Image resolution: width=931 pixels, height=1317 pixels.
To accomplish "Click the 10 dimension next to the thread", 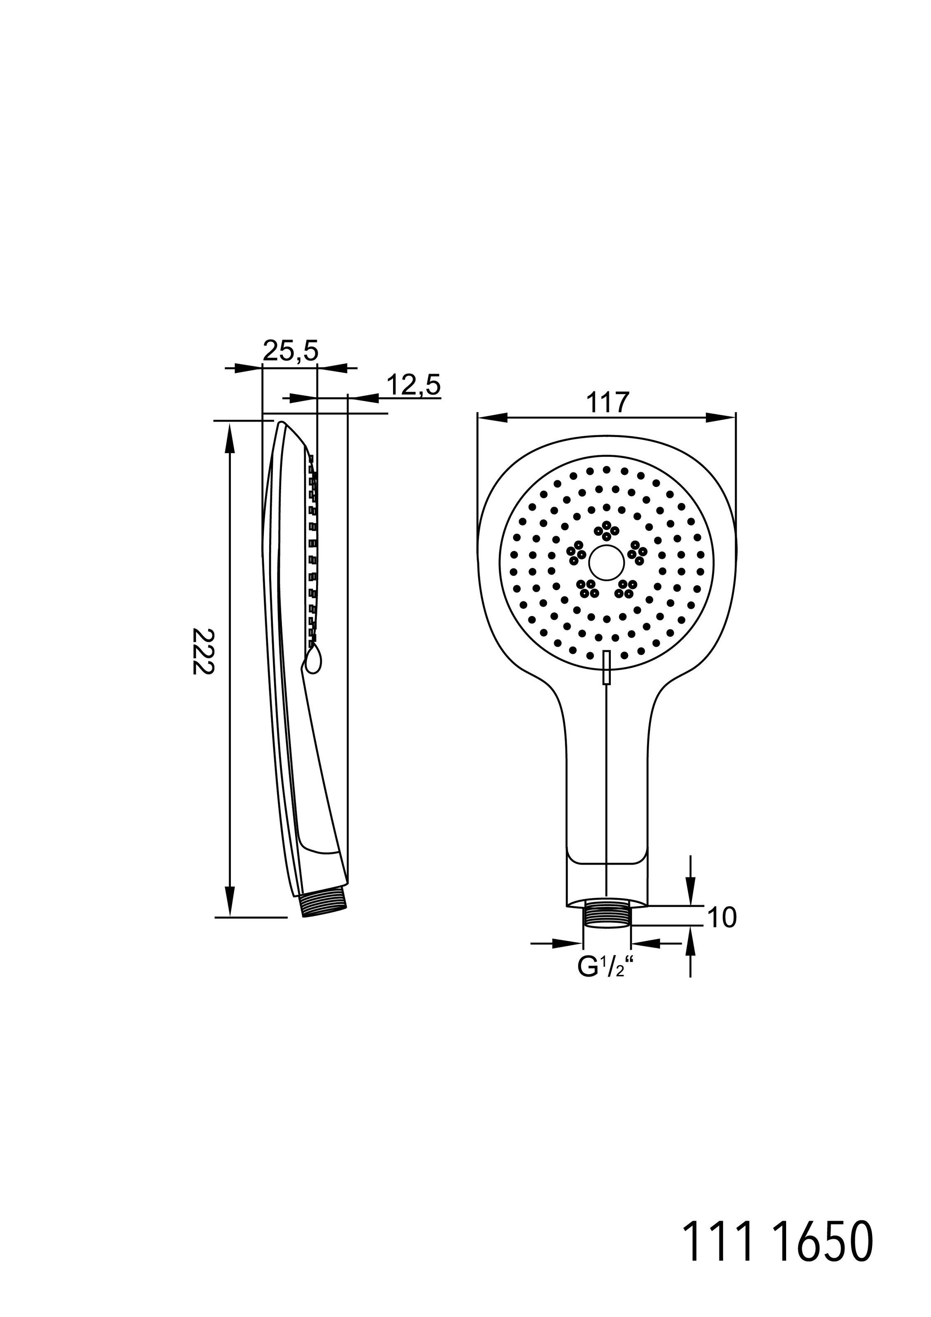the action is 721,918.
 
